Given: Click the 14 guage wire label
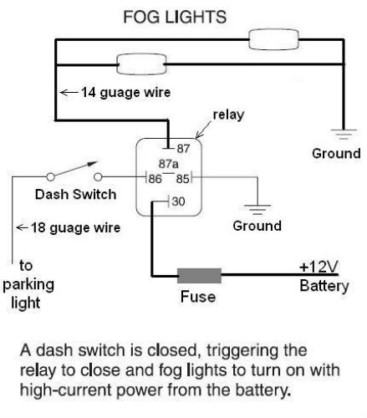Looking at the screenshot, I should point(115,93).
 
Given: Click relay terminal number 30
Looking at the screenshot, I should point(178,201).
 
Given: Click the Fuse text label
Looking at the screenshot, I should point(198,297).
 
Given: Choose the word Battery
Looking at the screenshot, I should point(324,287).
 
